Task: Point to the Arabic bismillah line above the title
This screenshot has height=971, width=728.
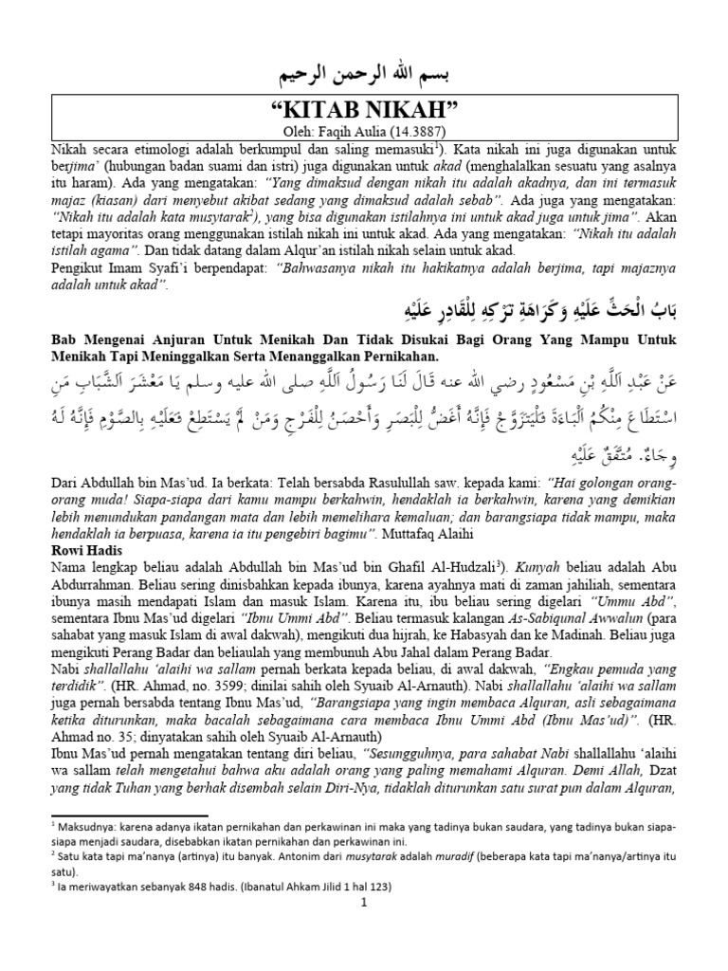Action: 365,73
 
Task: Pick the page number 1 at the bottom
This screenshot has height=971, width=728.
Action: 363,902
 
